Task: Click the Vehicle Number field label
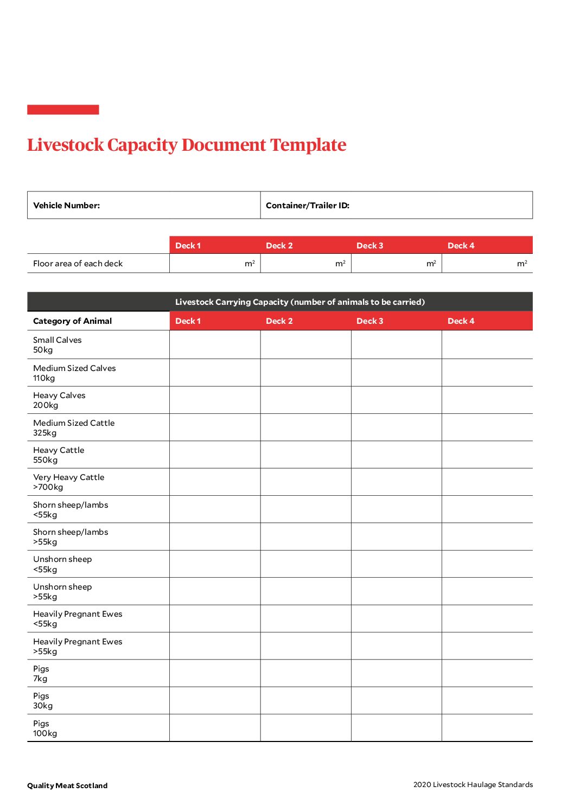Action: (66, 206)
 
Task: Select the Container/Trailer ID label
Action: (307, 206)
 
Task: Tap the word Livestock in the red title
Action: (65, 145)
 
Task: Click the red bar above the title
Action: (63, 110)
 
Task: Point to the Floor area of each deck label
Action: (78, 264)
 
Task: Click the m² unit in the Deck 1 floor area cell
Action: (250, 264)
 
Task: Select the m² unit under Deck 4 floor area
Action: (522, 264)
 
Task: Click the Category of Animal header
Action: (72, 321)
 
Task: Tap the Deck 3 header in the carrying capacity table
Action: (369, 321)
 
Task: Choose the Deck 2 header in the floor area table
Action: (279, 246)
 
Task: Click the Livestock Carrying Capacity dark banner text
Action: (299, 302)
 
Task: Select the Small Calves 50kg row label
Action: (57, 345)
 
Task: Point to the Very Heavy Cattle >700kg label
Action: (68, 482)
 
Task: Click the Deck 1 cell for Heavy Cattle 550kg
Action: (215, 455)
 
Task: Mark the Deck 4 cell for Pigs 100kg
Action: (487, 728)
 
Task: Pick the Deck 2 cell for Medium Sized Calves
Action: (305, 373)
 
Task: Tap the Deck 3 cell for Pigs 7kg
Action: (397, 673)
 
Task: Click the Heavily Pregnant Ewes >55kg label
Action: (78, 646)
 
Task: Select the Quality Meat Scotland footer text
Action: (67, 785)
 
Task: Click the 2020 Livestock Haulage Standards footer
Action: (473, 784)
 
